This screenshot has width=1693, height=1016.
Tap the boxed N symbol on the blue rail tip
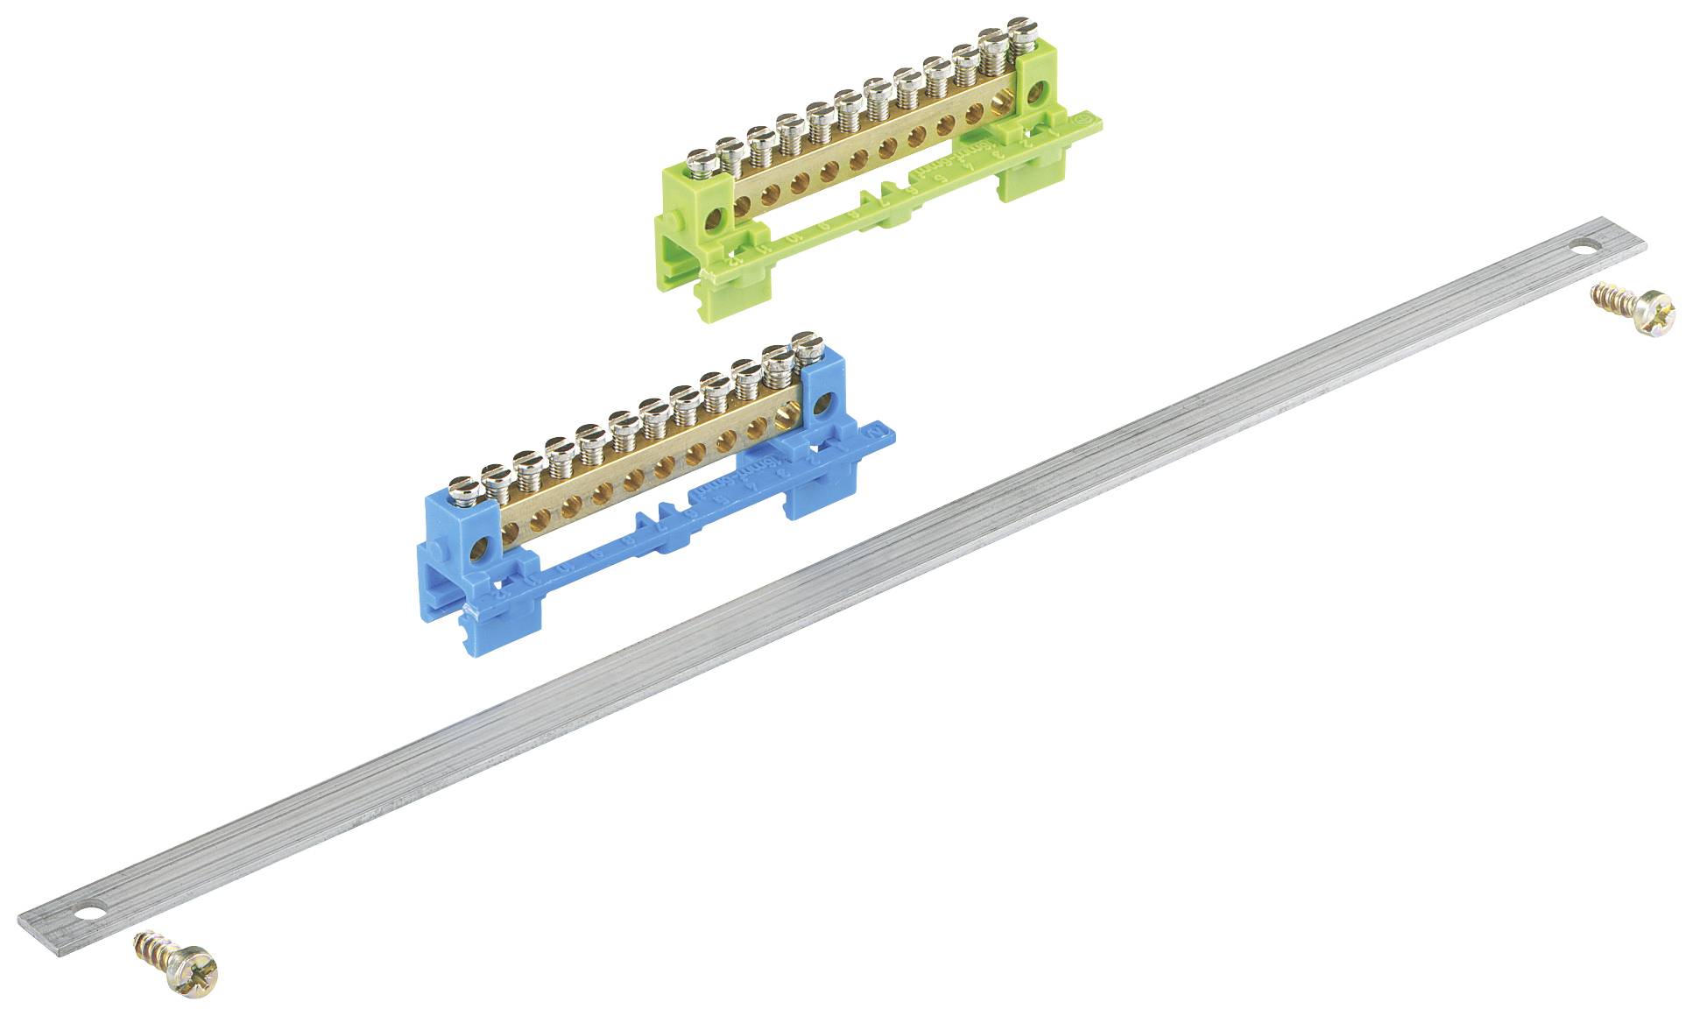point(877,432)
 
